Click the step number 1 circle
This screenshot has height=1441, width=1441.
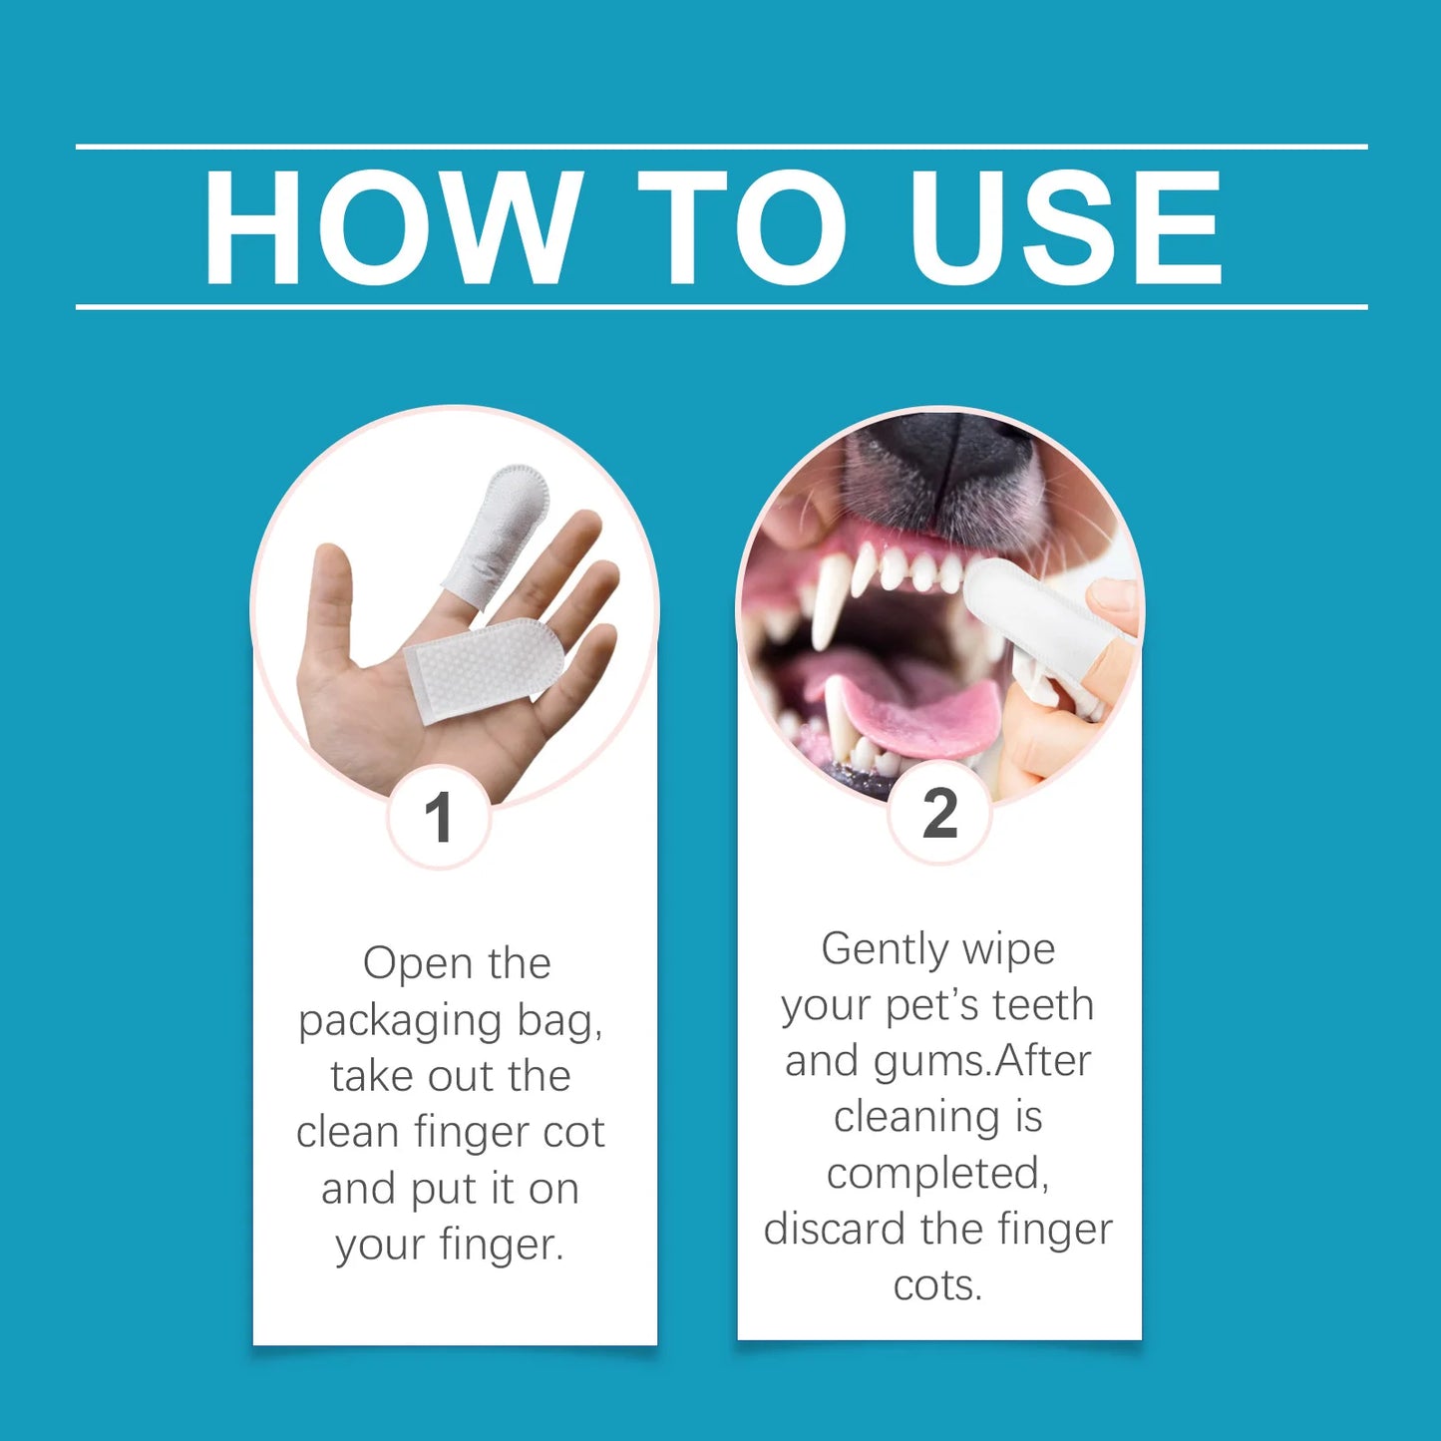[x=439, y=818]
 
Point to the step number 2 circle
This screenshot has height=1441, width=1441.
[x=939, y=813]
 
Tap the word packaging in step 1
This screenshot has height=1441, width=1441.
[x=399, y=1022]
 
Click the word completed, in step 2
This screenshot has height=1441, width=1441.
[x=937, y=1174]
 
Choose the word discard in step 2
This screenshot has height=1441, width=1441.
[x=836, y=1229]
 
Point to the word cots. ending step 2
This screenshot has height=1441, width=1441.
[x=937, y=1285]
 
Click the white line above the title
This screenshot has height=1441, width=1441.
[x=721, y=147]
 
